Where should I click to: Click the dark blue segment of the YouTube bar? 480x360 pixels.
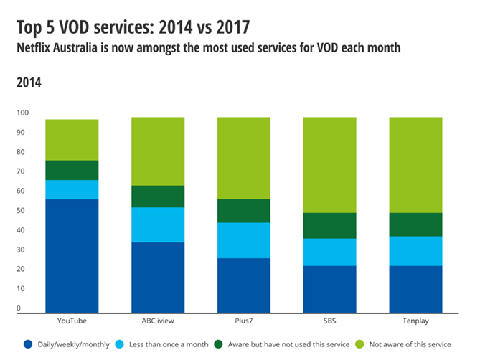[72, 255]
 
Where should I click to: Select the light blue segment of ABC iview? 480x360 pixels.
[158, 224]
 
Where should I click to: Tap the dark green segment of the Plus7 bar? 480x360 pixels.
[243, 211]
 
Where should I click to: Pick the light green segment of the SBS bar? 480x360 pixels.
[329, 165]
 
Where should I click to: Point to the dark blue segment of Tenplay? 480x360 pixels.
[415, 289]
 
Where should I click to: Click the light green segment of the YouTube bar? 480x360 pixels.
[72, 140]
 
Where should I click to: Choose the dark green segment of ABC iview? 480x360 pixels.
[158, 196]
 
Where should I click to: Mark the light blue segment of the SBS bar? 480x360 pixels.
[329, 252]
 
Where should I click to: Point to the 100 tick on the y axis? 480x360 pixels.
[23, 113]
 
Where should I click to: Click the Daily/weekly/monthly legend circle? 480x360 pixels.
[29, 344]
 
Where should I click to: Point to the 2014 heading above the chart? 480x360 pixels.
[29, 82]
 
